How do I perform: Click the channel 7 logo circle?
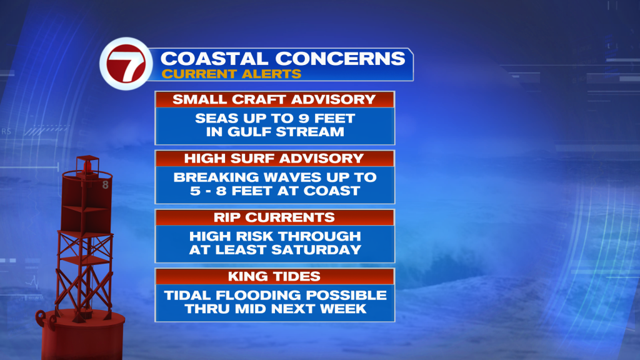[x=126, y=64]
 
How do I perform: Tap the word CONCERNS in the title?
[x=341, y=59]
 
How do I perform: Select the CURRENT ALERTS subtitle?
[x=231, y=74]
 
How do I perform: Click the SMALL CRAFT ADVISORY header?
[x=274, y=99]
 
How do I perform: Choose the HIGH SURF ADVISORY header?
[x=274, y=158]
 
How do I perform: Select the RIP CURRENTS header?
[x=274, y=217]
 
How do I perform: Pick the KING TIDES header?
[x=274, y=276]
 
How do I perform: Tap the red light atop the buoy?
[x=87, y=166]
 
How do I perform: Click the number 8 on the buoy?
[x=105, y=185]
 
